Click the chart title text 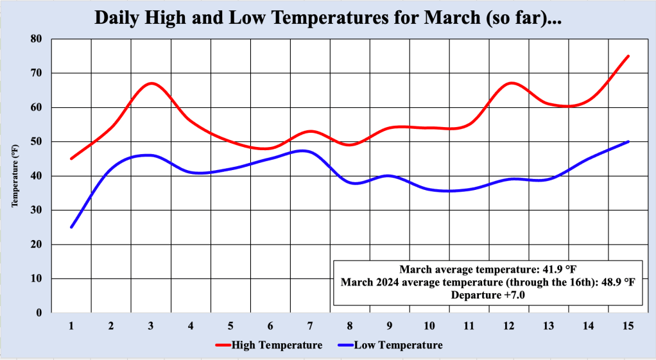coord(328,17)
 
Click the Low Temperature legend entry coord(389,345)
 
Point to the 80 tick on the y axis coord(36,39)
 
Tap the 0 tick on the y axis coord(39,313)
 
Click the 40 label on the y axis coord(36,176)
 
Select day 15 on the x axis coord(628,326)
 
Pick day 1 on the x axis coord(71,326)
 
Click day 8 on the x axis coord(350,326)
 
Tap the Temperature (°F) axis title coord(14,176)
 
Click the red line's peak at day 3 coord(151,83)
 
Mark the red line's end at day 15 coord(628,56)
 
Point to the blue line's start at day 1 coord(71,227)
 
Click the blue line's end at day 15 coord(628,141)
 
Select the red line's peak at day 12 coord(509,83)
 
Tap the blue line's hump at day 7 coord(307,151)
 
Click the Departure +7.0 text coord(488,295)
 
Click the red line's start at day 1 coord(71,159)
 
